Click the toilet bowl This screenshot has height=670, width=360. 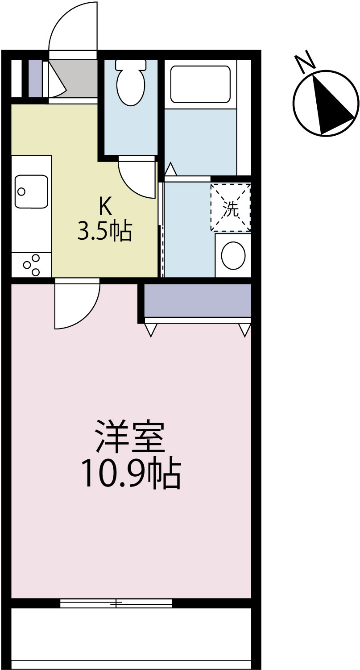(x=131, y=86)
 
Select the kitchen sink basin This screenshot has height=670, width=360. (x=31, y=191)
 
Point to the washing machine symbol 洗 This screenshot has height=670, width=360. (x=231, y=208)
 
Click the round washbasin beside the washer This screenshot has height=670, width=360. (x=233, y=256)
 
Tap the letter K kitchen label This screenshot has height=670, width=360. (x=105, y=207)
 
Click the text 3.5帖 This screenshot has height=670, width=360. (x=105, y=231)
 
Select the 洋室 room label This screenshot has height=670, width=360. (x=130, y=437)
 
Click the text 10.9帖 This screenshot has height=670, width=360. (x=130, y=474)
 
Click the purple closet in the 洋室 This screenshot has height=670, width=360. (x=198, y=300)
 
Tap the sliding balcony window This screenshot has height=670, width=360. (x=116, y=603)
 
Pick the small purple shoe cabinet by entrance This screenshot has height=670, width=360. (x=35, y=78)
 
